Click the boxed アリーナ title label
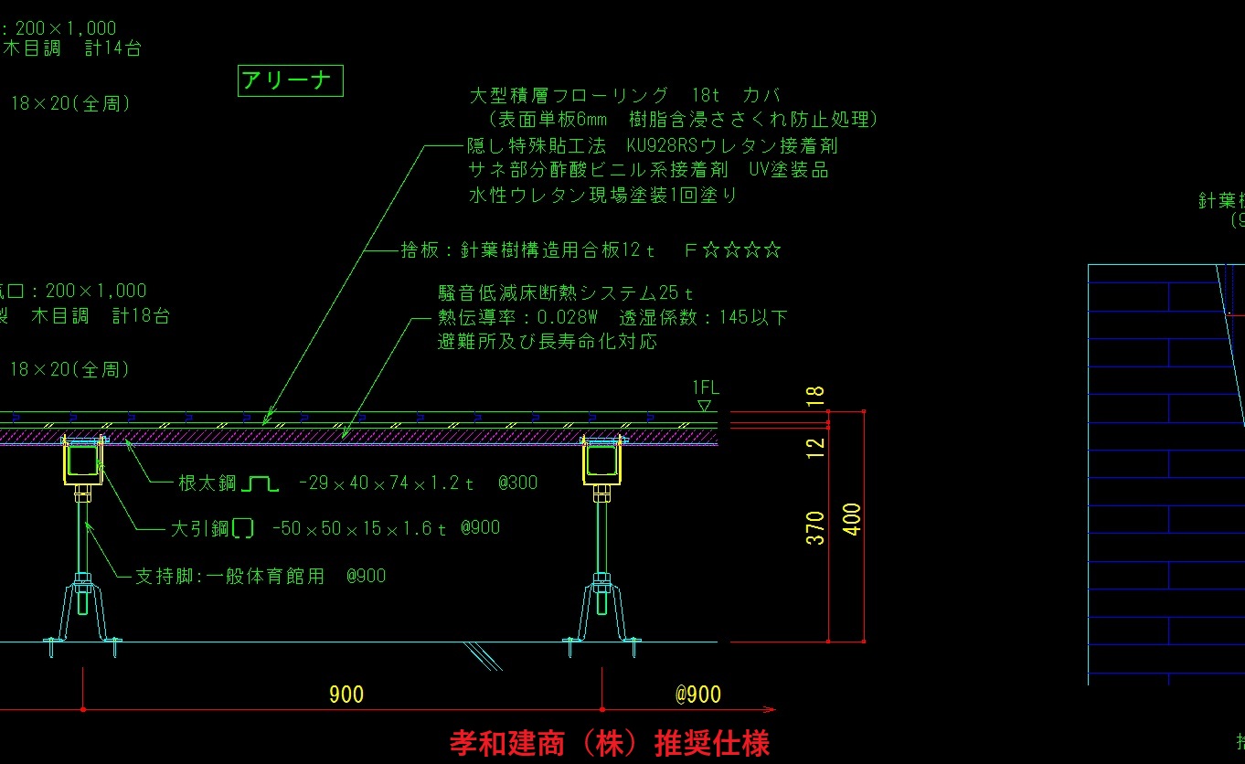(x=290, y=81)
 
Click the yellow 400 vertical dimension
(x=852, y=519)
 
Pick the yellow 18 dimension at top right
(x=816, y=396)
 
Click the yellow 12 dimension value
(x=816, y=447)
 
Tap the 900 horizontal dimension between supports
(x=346, y=695)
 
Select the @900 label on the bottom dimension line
(x=698, y=695)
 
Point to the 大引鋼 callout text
(x=201, y=528)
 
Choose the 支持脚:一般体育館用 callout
(x=229, y=576)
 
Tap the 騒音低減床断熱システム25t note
(x=566, y=293)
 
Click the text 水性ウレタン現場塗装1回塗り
(x=602, y=195)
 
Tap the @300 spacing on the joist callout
(x=517, y=483)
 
